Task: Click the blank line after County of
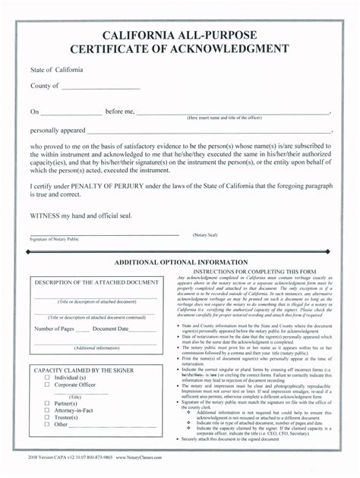(101, 87)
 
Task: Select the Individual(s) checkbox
(47, 377)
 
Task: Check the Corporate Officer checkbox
(47, 385)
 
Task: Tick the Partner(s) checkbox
(47, 404)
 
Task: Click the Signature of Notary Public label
(54, 239)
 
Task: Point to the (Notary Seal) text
(207, 234)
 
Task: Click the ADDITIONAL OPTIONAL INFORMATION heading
(181, 262)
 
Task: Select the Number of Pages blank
(83, 329)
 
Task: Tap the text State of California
(57, 71)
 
